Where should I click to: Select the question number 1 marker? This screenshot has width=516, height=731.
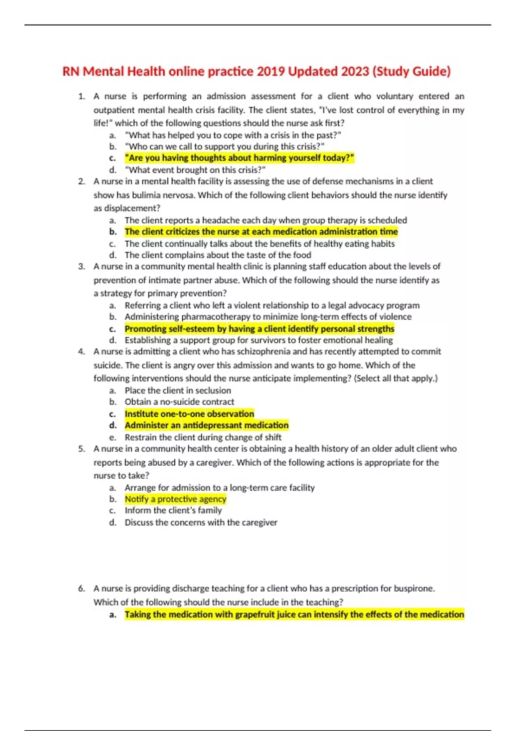[x=81, y=96]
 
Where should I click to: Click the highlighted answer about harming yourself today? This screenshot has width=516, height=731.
[x=239, y=158]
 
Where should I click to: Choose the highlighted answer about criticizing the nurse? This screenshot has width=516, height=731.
[x=261, y=232]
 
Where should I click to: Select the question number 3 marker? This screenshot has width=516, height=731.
[x=81, y=267]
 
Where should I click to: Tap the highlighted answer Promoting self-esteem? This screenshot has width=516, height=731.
[x=259, y=329]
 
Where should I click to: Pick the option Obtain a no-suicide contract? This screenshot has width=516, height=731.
[x=179, y=402]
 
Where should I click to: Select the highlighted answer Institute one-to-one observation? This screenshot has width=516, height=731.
[x=189, y=414]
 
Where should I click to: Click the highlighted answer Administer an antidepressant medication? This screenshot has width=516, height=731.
[x=206, y=425]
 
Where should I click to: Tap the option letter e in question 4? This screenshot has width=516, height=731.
[x=113, y=438]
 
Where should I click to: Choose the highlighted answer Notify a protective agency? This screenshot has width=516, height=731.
[x=175, y=499]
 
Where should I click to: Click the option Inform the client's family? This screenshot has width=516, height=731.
[x=173, y=510]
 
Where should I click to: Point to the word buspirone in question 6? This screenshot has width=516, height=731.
[x=412, y=589]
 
